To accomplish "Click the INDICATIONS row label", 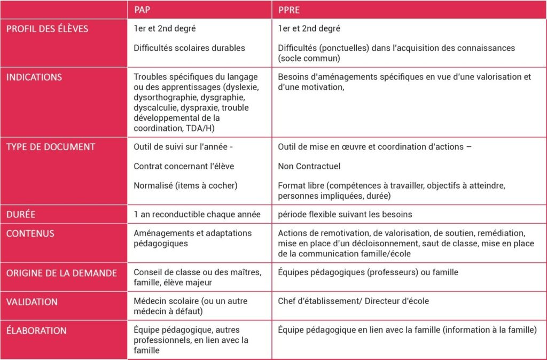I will (34, 77).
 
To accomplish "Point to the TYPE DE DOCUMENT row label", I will (51, 147).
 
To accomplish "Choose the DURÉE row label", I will (21, 214).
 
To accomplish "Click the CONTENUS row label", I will (30, 233).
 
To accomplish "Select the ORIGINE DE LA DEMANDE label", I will (61, 273).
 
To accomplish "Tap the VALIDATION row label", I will (32, 301).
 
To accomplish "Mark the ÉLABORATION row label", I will (36, 330).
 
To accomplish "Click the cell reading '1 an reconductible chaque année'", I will (197, 214).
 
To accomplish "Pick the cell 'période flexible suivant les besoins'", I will (345, 214).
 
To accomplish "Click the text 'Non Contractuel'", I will (309, 166).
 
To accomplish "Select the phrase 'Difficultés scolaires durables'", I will (189, 48).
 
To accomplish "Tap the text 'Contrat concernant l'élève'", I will (184, 166).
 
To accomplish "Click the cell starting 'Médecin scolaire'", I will (196, 306).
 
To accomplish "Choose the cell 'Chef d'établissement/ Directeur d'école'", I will (353, 301).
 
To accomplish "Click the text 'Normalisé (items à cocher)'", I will (185, 185).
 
